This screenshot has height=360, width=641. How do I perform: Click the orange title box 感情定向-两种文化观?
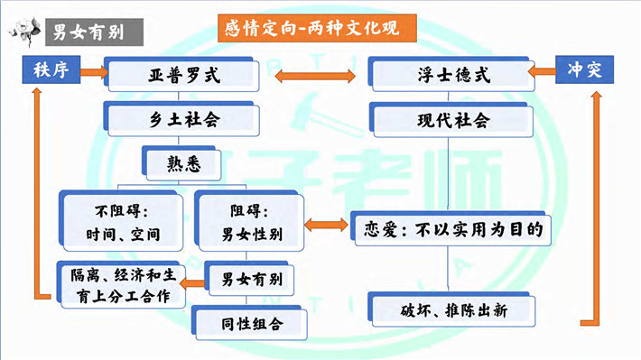317,28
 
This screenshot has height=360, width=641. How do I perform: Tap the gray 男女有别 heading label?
95,32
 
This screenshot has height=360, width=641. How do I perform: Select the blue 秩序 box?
51,69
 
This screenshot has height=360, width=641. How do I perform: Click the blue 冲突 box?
584,69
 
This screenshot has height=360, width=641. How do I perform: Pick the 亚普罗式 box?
181,75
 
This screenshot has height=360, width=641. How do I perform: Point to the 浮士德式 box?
451,75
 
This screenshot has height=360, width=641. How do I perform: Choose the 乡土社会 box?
181,119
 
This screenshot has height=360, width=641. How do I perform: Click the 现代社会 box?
451,120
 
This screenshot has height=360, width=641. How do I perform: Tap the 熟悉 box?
181,163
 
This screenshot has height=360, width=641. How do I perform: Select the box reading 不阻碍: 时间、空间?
121,221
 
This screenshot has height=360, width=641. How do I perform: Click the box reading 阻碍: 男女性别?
249,221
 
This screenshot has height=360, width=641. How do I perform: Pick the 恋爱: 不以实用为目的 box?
451,229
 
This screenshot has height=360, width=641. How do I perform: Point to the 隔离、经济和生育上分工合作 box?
121,285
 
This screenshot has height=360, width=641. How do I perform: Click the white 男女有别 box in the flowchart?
249,279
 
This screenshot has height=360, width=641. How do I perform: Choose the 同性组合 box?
249,323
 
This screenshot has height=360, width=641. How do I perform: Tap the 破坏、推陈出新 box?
451,309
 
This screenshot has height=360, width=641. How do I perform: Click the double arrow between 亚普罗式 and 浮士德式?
315,76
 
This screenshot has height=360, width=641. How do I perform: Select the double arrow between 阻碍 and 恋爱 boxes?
326,225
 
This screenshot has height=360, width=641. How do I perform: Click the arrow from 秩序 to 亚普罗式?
94,72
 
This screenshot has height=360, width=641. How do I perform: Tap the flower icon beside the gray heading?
24,31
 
